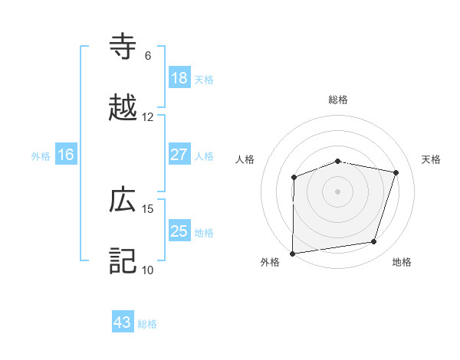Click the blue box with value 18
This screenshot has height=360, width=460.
(179, 78)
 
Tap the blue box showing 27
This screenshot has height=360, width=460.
(179, 155)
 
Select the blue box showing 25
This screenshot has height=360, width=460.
(179, 231)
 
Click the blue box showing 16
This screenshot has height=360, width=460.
(66, 155)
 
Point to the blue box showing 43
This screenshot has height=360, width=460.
(123, 322)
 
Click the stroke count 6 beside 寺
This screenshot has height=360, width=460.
(148, 55)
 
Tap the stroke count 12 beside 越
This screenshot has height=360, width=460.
(148, 117)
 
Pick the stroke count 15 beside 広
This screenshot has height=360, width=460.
(148, 208)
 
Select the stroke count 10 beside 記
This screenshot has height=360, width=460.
(148, 270)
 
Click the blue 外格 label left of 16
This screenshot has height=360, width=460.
(41, 155)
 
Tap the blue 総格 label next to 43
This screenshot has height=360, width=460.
(148, 324)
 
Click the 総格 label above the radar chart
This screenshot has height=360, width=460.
(338, 100)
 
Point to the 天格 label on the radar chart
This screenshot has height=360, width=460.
(432, 159)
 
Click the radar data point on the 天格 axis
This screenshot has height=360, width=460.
(396, 172)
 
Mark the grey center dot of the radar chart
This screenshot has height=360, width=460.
(338, 191)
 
